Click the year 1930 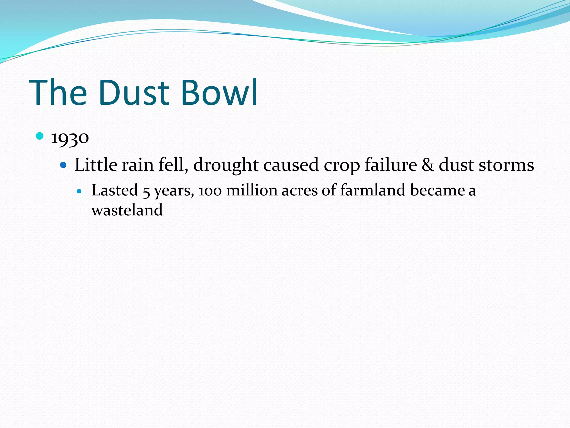70,138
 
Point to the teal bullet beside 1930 40,136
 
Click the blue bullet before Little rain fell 64,165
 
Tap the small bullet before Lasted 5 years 80,191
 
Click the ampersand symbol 428,165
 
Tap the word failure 391,165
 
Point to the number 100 210,191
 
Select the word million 252,190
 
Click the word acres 299,191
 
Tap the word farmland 373,190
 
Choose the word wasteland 127,210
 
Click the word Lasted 115,190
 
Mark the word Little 96,165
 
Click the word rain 138,165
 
